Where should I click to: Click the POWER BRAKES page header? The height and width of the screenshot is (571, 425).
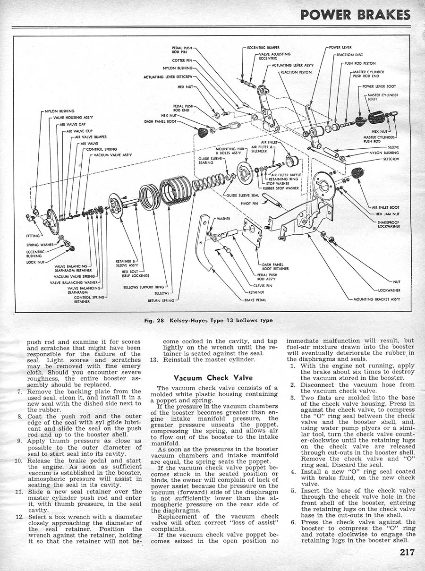tap(355, 15)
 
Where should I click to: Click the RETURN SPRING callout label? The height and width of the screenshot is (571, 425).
tap(161, 300)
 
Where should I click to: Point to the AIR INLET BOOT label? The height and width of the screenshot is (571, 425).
tap(385, 207)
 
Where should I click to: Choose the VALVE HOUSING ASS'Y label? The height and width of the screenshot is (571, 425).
tap(73, 117)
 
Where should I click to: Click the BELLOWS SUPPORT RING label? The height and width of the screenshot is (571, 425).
tap(144, 287)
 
